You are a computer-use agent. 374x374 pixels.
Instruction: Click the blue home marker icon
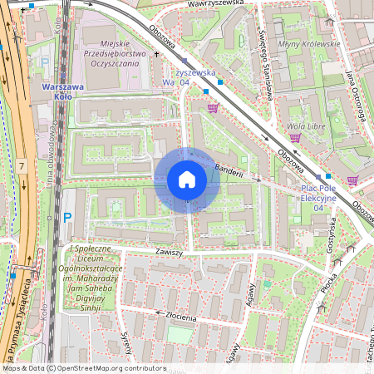tap(187, 180)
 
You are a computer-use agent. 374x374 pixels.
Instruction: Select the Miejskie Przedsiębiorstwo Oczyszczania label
tap(116, 58)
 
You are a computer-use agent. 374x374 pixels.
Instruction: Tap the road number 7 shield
tap(21, 168)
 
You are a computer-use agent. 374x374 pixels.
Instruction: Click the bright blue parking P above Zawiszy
tap(67, 219)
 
